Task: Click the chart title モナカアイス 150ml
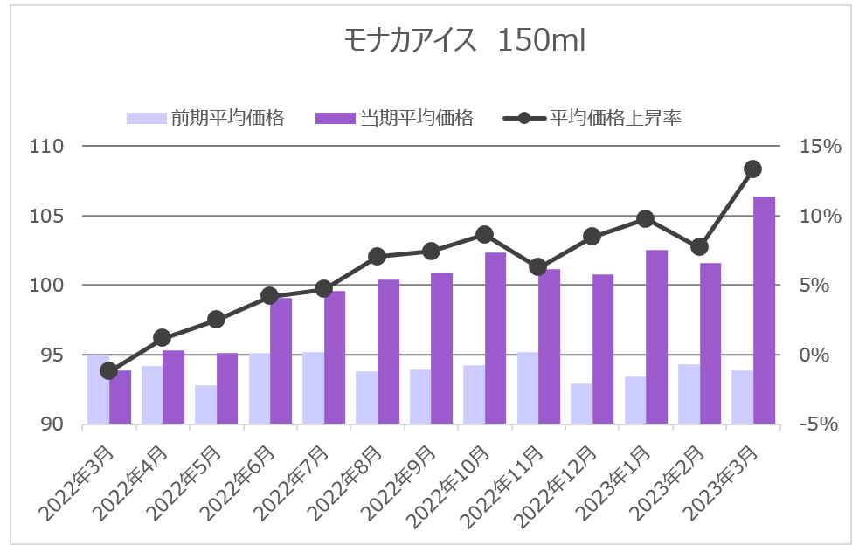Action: (464, 40)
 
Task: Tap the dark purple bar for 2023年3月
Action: (764, 310)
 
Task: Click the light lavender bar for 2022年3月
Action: (98, 390)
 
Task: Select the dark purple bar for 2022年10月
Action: (495, 338)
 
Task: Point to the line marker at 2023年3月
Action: (752, 169)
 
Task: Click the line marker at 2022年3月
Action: (109, 371)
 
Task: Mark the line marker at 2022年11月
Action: (538, 267)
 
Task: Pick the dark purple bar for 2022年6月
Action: (281, 361)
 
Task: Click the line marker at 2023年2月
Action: (699, 247)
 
